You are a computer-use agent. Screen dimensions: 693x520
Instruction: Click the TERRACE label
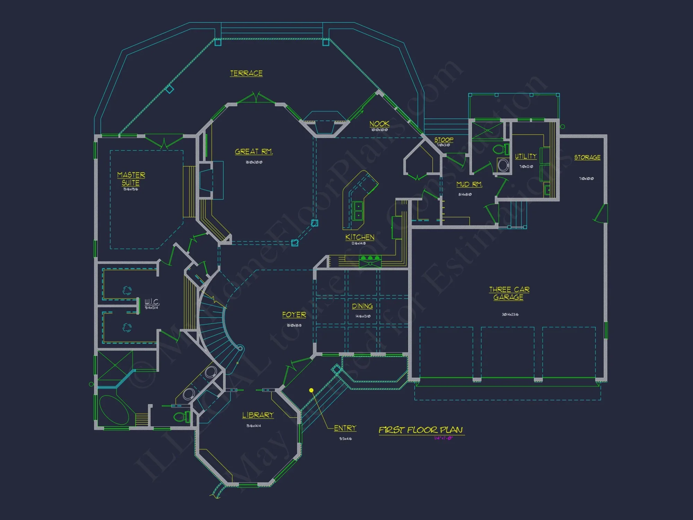click(x=246, y=73)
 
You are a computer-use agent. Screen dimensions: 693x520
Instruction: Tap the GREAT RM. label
click(x=254, y=151)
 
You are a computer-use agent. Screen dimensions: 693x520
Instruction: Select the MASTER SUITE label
click(x=131, y=179)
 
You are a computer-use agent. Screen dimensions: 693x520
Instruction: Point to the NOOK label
click(x=379, y=124)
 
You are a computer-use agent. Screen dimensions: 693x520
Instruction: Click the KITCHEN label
click(x=360, y=237)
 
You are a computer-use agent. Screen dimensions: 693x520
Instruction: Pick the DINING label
click(x=362, y=306)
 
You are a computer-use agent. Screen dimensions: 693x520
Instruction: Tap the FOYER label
click(x=294, y=315)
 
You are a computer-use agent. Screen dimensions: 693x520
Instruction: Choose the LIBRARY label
click(x=258, y=415)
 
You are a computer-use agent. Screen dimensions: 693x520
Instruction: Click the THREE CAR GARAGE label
click(x=509, y=293)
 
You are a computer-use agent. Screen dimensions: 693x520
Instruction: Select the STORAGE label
click(x=587, y=157)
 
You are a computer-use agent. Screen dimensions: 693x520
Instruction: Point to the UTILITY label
click(x=526, y=156)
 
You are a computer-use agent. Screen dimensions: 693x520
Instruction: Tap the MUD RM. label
click(x=469, y=184)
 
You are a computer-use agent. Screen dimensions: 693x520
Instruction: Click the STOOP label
click(x=444, y=139)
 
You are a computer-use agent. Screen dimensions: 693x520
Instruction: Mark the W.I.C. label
click(x=152, y=302)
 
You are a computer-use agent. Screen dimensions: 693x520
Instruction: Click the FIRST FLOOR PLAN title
click(x=421, y=430)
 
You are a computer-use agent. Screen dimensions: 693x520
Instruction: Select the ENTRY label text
click(x=345, y=428)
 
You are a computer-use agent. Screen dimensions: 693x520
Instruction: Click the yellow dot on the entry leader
click(x=311, y=390)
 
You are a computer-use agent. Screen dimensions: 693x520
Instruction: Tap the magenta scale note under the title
click(x=444, y=438)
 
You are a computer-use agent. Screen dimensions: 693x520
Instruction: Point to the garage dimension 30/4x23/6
click(x=510, y=314)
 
